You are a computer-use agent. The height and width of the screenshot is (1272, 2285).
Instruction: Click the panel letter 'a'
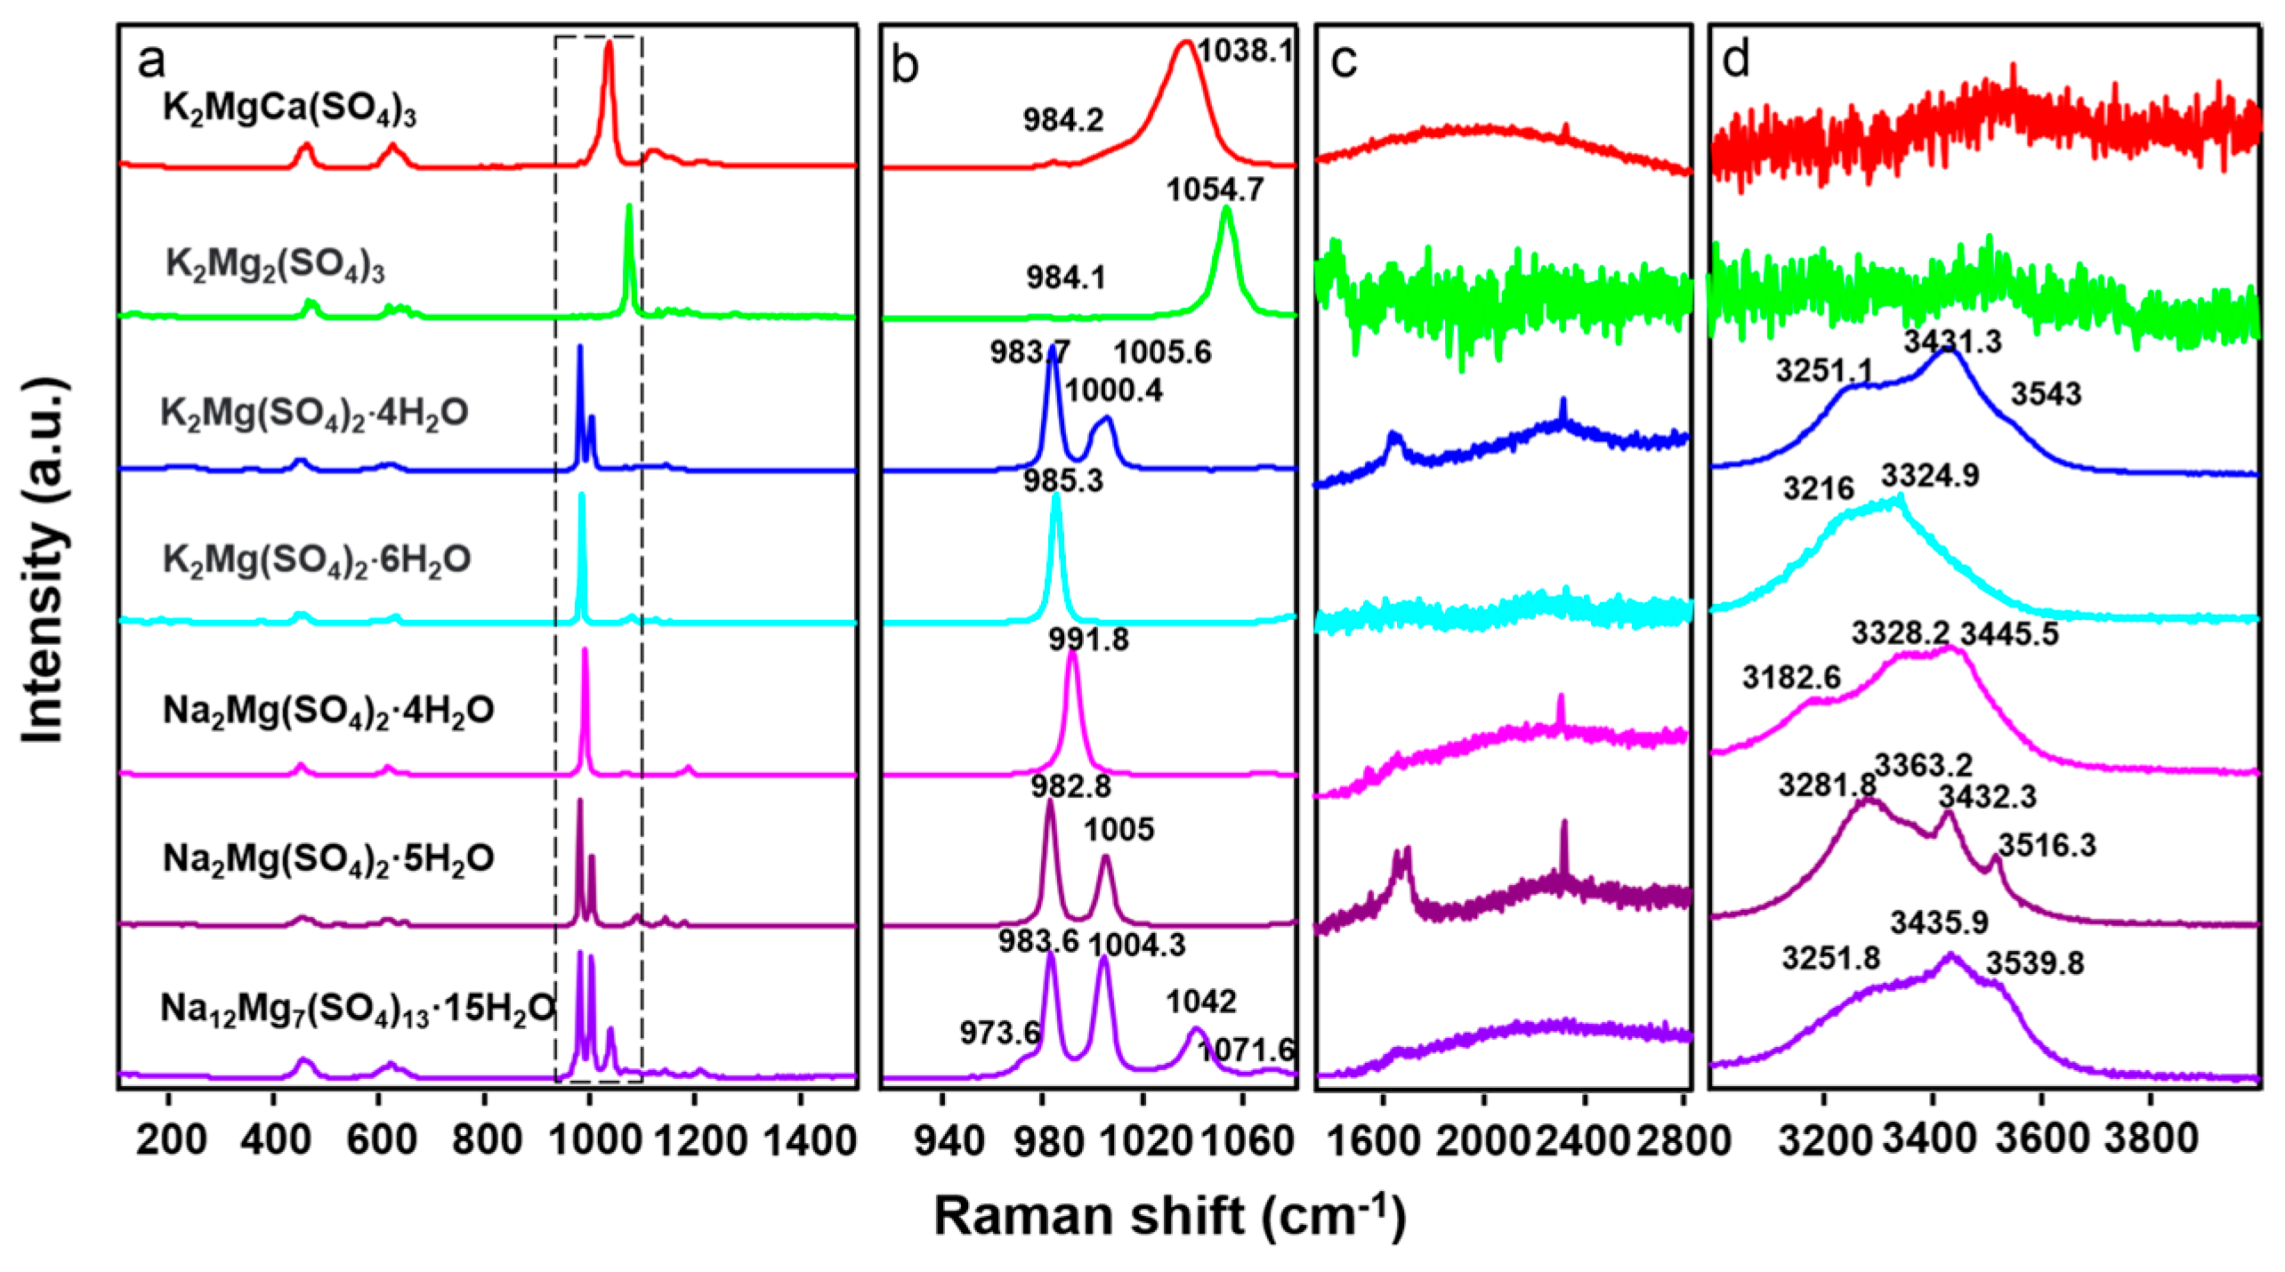(151, 62)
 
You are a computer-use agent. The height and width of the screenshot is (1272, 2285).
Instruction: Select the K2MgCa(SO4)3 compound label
(289, 110)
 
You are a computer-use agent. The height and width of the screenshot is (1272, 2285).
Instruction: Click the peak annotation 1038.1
(1244, 51)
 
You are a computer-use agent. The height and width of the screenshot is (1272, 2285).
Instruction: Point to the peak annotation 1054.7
(1215, 189)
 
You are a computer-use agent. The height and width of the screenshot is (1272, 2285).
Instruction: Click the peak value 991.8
(1089, 640)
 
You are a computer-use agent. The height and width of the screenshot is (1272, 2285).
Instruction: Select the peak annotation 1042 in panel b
(1201, 1002)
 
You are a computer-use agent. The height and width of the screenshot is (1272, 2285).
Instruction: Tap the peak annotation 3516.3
(2047, 845)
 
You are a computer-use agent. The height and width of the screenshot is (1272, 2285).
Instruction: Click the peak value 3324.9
(1930, 476)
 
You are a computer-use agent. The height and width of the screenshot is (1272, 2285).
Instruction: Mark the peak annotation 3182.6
(1791, 679)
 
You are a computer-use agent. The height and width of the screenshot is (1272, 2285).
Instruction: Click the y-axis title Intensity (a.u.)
(44, 560)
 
